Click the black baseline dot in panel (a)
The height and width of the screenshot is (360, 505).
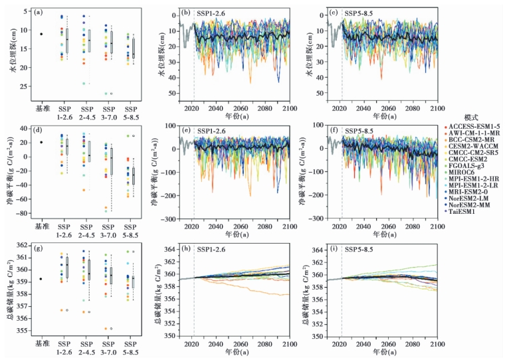41,34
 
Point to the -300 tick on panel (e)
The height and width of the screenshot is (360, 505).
167,219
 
